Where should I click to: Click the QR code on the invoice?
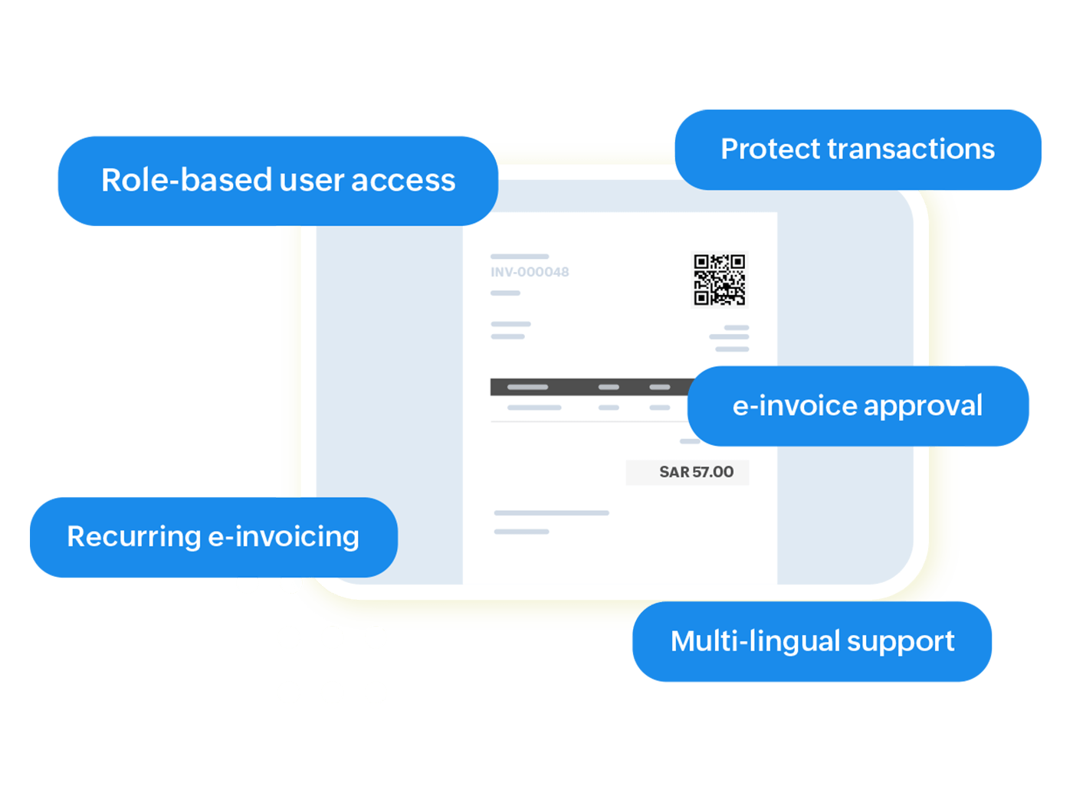pos(719,280)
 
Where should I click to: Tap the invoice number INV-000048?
pos(530,272)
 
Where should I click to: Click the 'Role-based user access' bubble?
pos(277,181)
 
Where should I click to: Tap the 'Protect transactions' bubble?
pos(858,149)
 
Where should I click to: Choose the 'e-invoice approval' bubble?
pos(858,406)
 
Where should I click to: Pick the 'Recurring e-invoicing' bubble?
pos(213,537)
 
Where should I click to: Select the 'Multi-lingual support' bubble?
pos(812,641)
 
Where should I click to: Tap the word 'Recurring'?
pos(133,537)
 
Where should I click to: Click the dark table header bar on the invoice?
pos(590,387)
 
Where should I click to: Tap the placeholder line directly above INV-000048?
pos(520,257)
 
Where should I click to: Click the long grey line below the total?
pos(552,513)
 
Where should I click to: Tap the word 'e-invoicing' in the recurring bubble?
pos(284,537)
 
